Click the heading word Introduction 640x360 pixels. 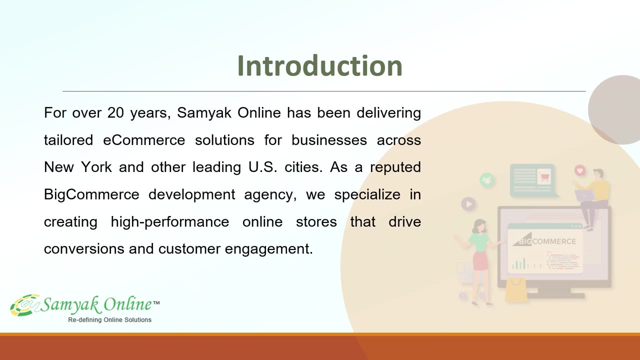pyautogui.click(x=319, y=66)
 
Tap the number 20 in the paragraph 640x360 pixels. pyautogui.click(x=115, y=113)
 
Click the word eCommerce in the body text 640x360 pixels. pyautogui.click(x=144, y=140)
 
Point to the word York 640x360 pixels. pyautogui.click(x=96, y=167)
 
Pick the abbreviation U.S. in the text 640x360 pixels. pyautogui.click(x=263, y=167)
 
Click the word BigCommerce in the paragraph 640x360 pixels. pyautogui.click(x=91, y=195)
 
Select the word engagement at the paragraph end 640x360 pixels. pyautogui.click(x=269, y=249)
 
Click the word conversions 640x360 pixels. pyautogui.click(x=84, y=249)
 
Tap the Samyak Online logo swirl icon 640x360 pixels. pyautogui.click(x=25, y=305)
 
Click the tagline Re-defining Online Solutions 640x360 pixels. pyautogui.click(x=109, y=320)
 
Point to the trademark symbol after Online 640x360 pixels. pyautogui.click(x=156, y=303)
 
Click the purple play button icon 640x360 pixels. pyautogui.click(x=468, y=204)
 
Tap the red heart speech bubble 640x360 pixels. pyautogui.click(x=579, y=171)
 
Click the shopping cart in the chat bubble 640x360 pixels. pyautogui.click(x=544, y=176)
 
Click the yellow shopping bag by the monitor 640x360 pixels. pyautogui.click(x=516, y=290)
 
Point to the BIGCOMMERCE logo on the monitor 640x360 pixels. pyautogui.click(x=544, y=239)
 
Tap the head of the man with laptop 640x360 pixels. pyautogui.click(x=598, y=174)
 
